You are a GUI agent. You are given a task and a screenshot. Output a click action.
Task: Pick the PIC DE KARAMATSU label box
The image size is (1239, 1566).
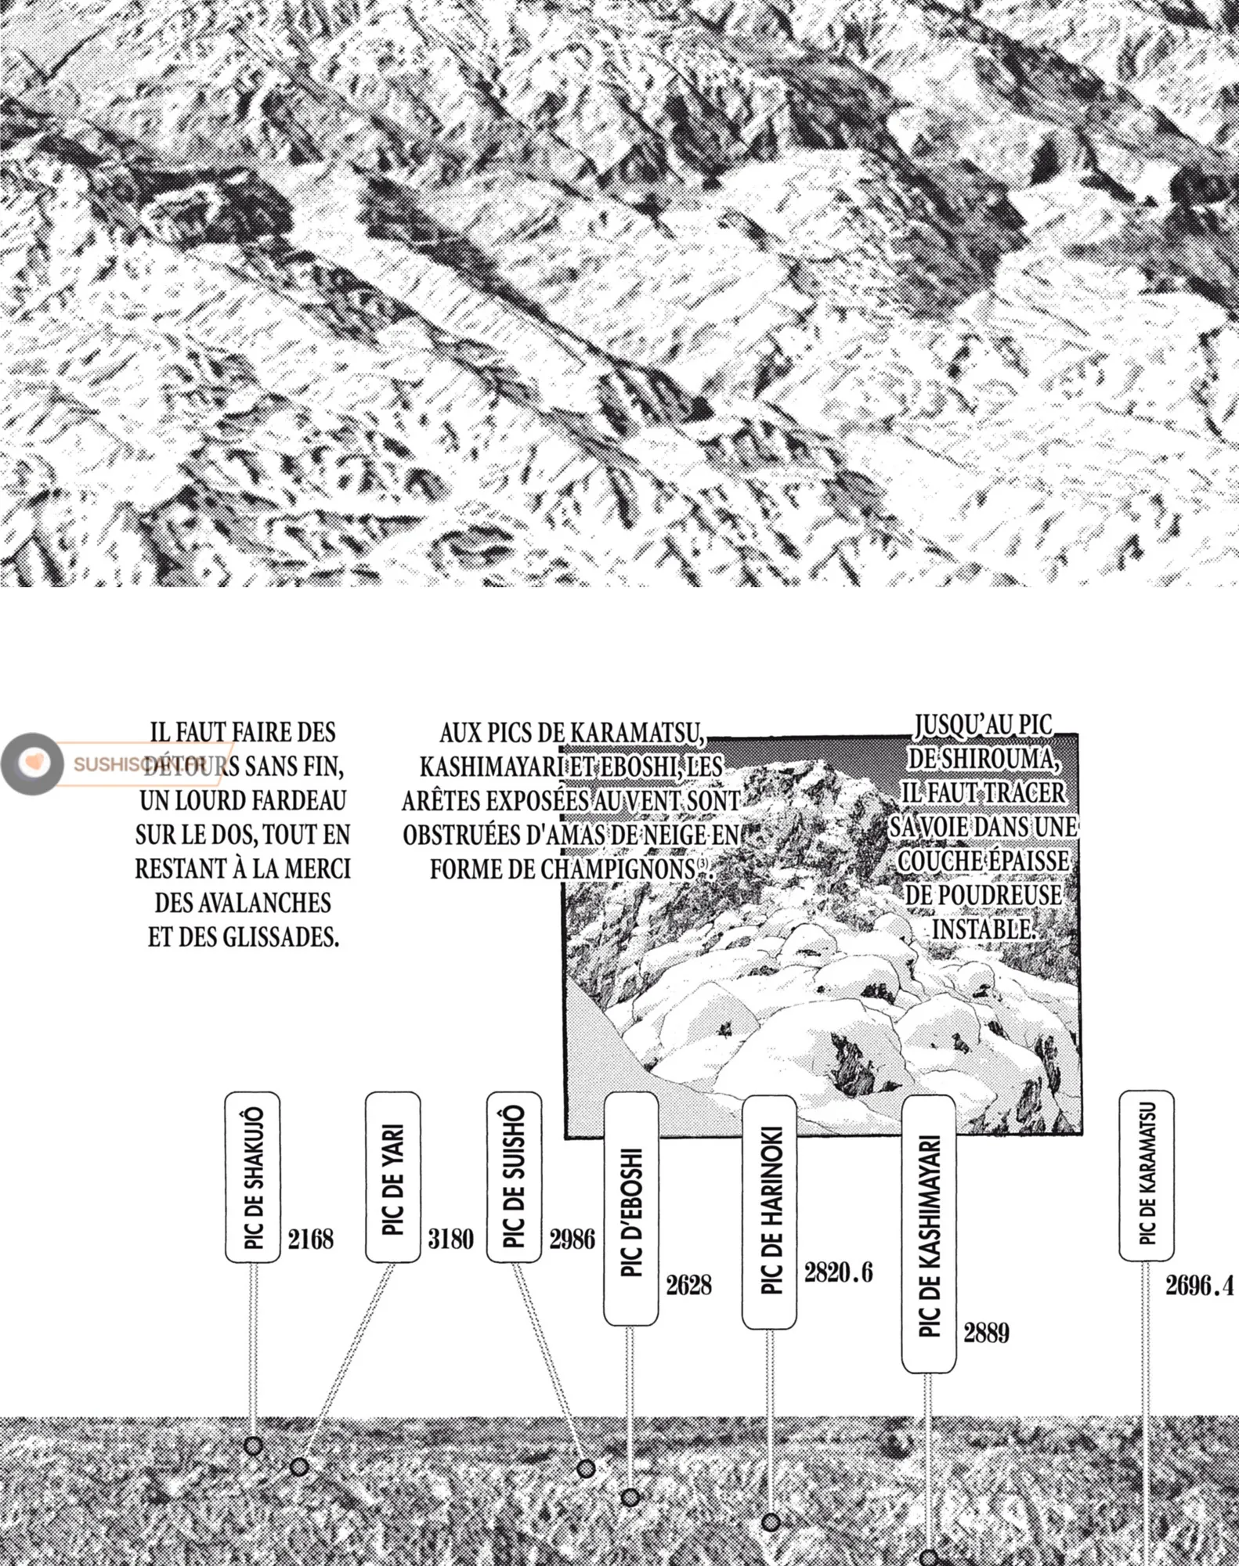point(1147,1175)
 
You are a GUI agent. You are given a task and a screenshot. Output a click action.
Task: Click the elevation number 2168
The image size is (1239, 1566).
point(311,1239)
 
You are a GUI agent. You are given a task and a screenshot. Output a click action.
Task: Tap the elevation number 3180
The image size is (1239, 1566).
point(451,1239)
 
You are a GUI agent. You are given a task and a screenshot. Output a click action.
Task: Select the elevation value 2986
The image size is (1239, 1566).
point(573,1239)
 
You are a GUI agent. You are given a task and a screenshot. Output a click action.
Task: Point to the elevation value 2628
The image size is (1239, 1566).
point(689,1285)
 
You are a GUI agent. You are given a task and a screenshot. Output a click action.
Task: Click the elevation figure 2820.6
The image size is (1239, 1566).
point(839,1272)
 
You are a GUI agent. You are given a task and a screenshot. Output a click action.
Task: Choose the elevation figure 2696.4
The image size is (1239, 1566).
point(1200,1286)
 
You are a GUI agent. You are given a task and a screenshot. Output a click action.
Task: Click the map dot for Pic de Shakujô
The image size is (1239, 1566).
point(252,1445)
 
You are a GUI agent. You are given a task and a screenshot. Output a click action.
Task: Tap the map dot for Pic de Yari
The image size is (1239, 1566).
point(298,1466)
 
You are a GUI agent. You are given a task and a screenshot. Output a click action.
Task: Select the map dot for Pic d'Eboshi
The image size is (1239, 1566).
point(630,1497)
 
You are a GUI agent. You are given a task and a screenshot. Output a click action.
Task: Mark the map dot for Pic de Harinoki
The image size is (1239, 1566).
point(771,1522)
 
